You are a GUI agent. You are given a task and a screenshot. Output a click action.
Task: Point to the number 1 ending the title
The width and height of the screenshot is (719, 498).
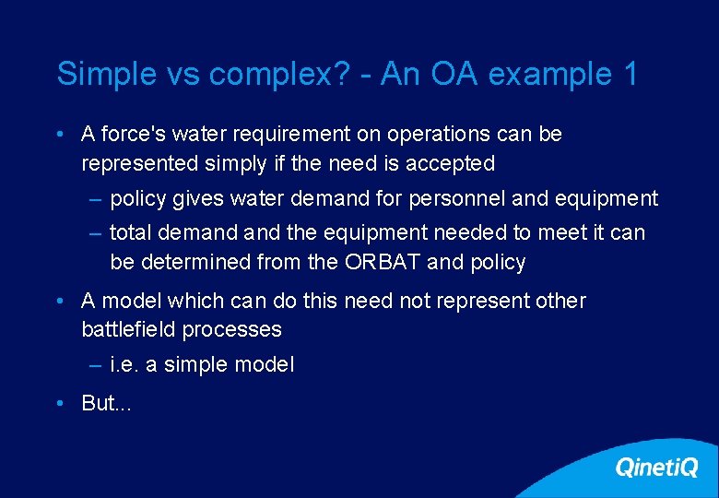click(630, 75)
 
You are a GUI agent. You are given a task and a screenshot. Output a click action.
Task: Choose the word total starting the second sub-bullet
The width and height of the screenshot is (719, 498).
click(130, 232)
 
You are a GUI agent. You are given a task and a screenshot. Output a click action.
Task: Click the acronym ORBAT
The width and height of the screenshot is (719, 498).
click(383, 263)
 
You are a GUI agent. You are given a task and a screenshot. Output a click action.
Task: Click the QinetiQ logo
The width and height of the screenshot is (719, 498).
click(655, 468)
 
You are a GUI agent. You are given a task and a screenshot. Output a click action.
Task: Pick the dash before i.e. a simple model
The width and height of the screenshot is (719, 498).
click(96, 365)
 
